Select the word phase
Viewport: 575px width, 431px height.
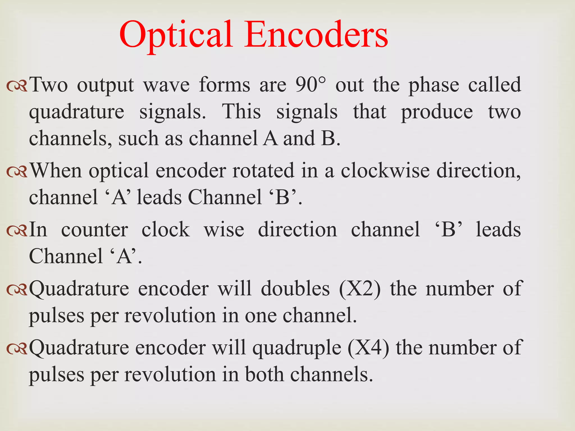pos(434,85)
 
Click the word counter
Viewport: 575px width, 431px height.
pos(95,230)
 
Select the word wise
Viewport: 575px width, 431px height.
pos(224,230)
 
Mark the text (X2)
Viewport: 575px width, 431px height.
pos(360,288)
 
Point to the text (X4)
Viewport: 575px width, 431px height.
pos(368,347)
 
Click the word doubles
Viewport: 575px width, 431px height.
pos(295,288)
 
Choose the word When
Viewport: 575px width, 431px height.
pos(56,170)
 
